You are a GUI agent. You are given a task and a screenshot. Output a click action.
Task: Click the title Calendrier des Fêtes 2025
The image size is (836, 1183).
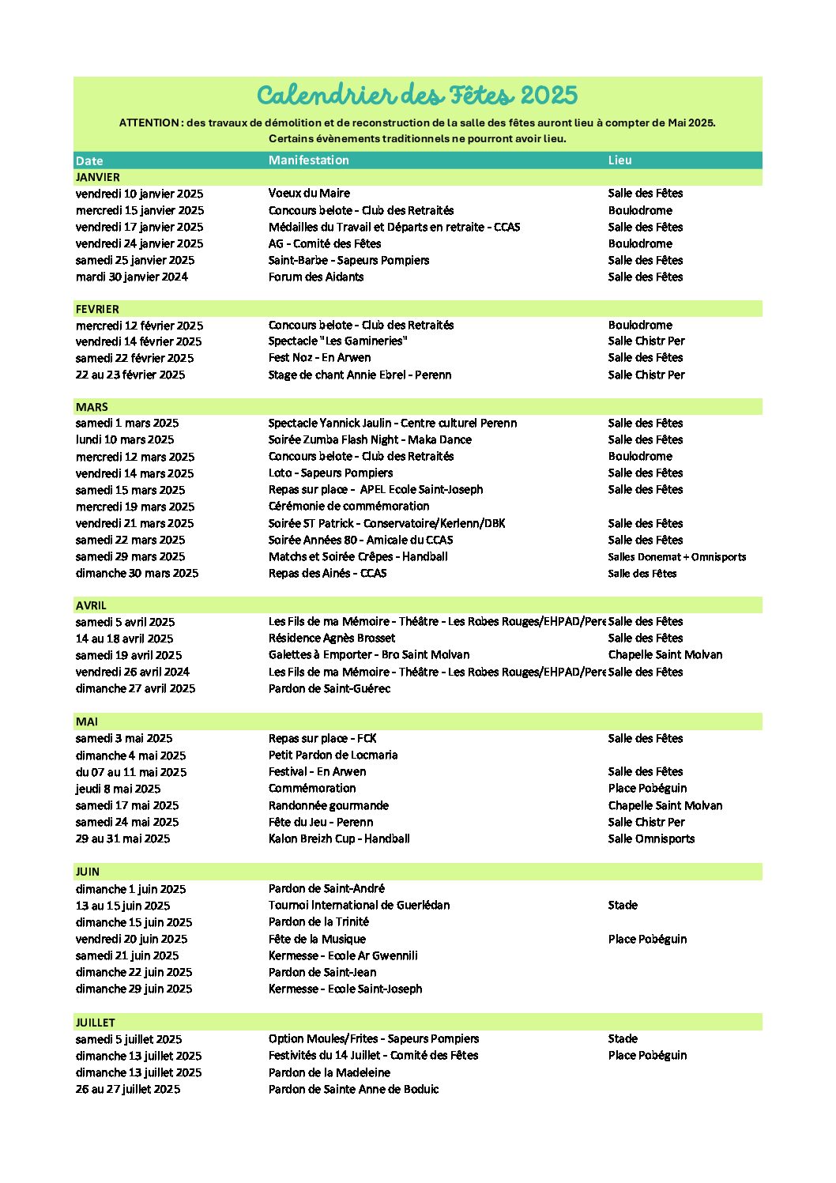pyautogui.click(x=417, y=96)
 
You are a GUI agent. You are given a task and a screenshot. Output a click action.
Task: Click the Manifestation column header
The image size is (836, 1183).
pyautogui.click(x=308, y=160)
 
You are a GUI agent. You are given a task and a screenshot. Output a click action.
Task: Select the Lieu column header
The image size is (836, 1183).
pyautogui.click(x=619, y=160)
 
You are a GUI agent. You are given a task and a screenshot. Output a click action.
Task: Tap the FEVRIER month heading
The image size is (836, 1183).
pyautogui.click(x=97, y=309)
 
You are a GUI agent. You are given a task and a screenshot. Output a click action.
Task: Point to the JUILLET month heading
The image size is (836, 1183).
pyautogui.click(x=96, y=1023)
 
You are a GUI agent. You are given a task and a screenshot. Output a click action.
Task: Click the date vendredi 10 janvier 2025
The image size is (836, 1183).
pyautogui.click(x=139, y=194)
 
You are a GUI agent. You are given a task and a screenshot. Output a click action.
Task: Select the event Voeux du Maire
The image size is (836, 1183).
pyautogui.click(x=309, y=193)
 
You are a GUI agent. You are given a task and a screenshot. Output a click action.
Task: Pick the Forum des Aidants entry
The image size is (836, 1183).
pyautogui.click(x=316, y=277)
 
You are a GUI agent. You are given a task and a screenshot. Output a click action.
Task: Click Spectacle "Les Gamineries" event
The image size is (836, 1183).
pyautogui.click(x=337, y=341)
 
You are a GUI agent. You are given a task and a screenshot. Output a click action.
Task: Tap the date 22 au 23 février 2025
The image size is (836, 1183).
pyautogui.click(x=130, y=375)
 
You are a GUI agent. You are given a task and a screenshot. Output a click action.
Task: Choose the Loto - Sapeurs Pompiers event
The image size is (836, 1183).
pyautogui.click(x=330, y=473)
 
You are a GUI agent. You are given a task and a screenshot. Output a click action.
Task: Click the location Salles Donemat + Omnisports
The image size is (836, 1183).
pyautogui.click(x=676, y=557)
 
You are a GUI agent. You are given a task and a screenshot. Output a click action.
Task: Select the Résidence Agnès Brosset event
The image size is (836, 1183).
pyautogui.click(x=332, y=638)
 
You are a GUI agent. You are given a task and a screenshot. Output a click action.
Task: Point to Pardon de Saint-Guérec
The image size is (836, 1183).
pyautogui.click(x=330, y=688)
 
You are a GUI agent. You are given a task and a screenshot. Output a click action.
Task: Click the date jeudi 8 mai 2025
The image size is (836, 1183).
pyautogui.click(x=118, y=789)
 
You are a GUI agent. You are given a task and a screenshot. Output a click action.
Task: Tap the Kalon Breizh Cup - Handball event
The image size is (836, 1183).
pyautogui.click(x=339, y=838)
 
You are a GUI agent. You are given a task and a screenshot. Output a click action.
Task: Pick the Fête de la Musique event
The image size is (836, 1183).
pyautogui.click(x=317, y=939)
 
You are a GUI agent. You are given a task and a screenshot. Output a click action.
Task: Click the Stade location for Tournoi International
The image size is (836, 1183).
pyautogui.click(x=623, y=905)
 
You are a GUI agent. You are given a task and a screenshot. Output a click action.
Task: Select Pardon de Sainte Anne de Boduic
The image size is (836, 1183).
pyautogui.click(x=353, y=1089)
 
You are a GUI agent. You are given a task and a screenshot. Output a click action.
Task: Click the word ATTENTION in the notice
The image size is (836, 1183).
pyautogui.click(x=149, y=123)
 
